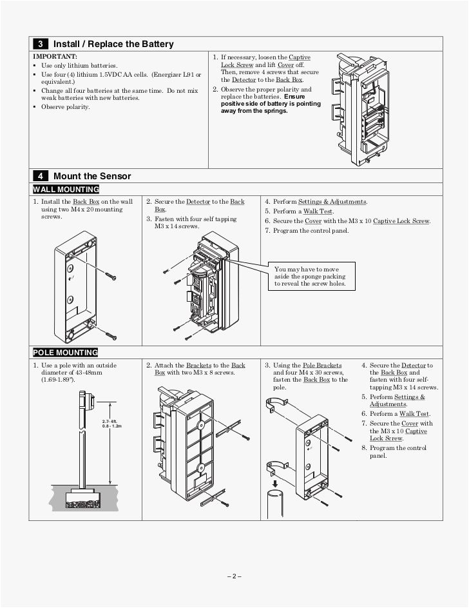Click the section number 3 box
(40, 44)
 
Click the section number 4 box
(40, 176)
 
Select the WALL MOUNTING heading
(66, 190)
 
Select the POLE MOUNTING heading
(65, 353)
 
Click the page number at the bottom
(234, 576)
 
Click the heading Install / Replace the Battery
(113, 44)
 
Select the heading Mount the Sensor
(92, 176)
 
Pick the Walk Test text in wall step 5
(318, 211)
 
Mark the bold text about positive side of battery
(271, 103)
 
